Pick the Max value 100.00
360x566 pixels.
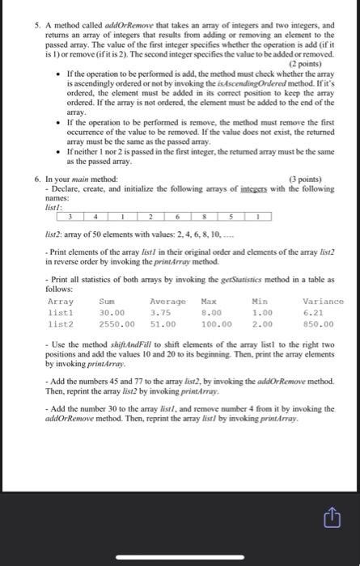pyautogui.click(x=214, y=324)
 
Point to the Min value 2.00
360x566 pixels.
pyautogui.click(x=265, y=324)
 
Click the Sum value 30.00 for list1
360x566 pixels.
pyautogui.click(x=112, y=313)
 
